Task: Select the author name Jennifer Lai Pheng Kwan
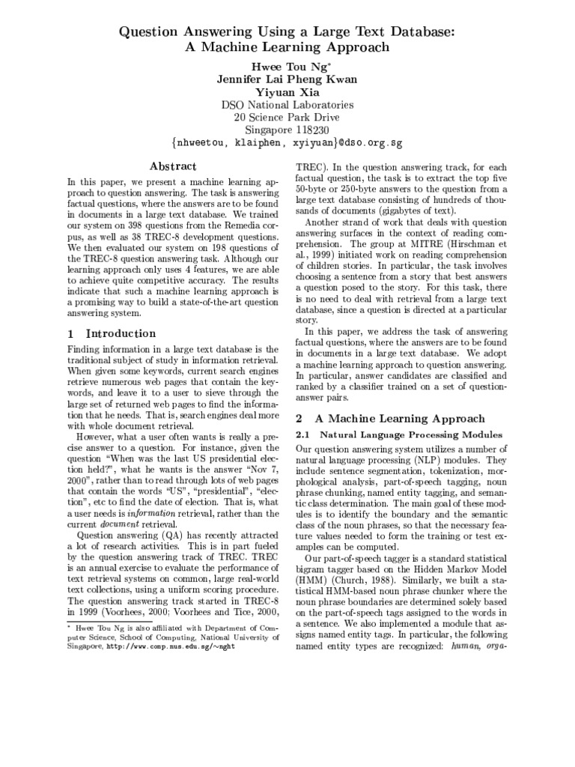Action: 287,78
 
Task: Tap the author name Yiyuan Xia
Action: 287,91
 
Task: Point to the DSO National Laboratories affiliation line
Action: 287,105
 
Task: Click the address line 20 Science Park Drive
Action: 287,118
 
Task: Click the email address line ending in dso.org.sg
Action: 287,144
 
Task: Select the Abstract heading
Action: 172,166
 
